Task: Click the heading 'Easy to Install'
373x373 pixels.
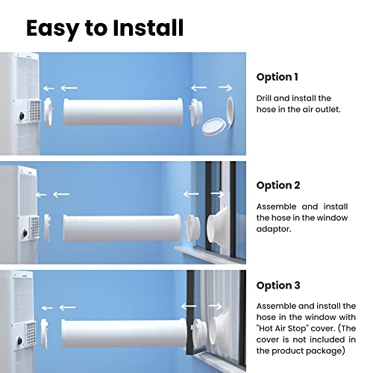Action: [104, 28]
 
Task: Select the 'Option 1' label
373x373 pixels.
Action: [278, 77]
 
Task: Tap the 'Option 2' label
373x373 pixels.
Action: [278, 185]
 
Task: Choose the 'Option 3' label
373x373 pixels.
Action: [278, 284]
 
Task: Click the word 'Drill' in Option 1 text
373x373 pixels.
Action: [267, 98]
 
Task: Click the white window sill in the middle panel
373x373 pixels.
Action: [201, 247]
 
